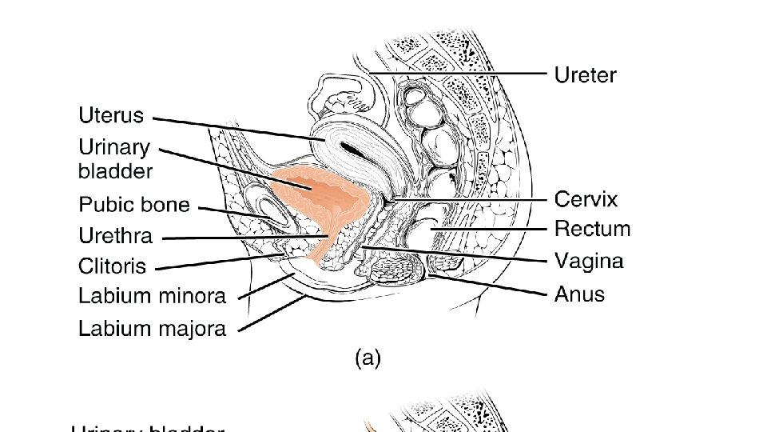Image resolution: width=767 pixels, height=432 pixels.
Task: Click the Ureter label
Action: pyautogui.click(x=586, y=75)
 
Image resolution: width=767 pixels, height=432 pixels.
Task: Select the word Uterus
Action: pyautogui.click(x=111, y=116)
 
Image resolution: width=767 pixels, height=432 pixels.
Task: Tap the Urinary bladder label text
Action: pyautogui.click(x=115, y=158)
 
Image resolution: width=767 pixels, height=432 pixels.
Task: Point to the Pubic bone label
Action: pyautogui.click(x=134, y=205)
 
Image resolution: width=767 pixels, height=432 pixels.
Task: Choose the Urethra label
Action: pyautogui.click(x=115, y=236)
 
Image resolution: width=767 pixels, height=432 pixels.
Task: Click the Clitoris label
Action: pyautogui.click(x=113, y=266)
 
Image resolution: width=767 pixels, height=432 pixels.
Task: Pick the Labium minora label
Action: pyautogui.click(x=152, y=296)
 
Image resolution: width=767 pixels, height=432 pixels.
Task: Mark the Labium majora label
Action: pyautogui.click(x=152, y=328)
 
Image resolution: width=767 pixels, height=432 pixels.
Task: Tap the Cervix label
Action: pyautogui.click(x=586, y=198)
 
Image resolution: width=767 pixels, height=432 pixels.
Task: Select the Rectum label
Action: pyautogui.click(x=592, y=230)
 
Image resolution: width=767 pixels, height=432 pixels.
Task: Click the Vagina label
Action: pyautogui.click(x=589, y=261)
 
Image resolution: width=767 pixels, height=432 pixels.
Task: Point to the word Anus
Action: pyautogui.click(x=579, y=294)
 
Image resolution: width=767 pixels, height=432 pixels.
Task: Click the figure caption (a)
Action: pyautogui.click(x=368, y=358)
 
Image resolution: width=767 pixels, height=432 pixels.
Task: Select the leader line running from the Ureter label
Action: pyautogui.click(x=463, y=73)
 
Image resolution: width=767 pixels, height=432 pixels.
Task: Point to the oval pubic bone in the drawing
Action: pyautogui.click(x=266, y=210)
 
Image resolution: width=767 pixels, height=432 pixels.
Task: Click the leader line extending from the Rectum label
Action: pyautogui.click(x=487, y=230)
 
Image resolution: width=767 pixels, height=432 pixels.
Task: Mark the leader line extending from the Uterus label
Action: pyautogui.click(x=240, y=128)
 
